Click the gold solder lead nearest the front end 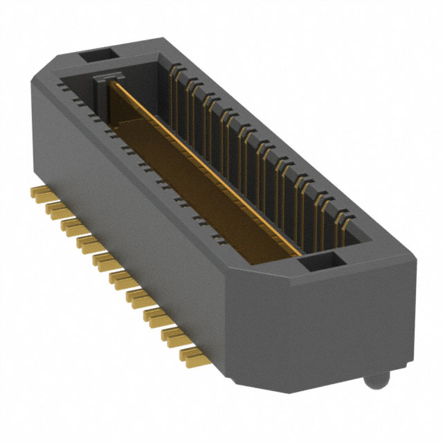[193, 356]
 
